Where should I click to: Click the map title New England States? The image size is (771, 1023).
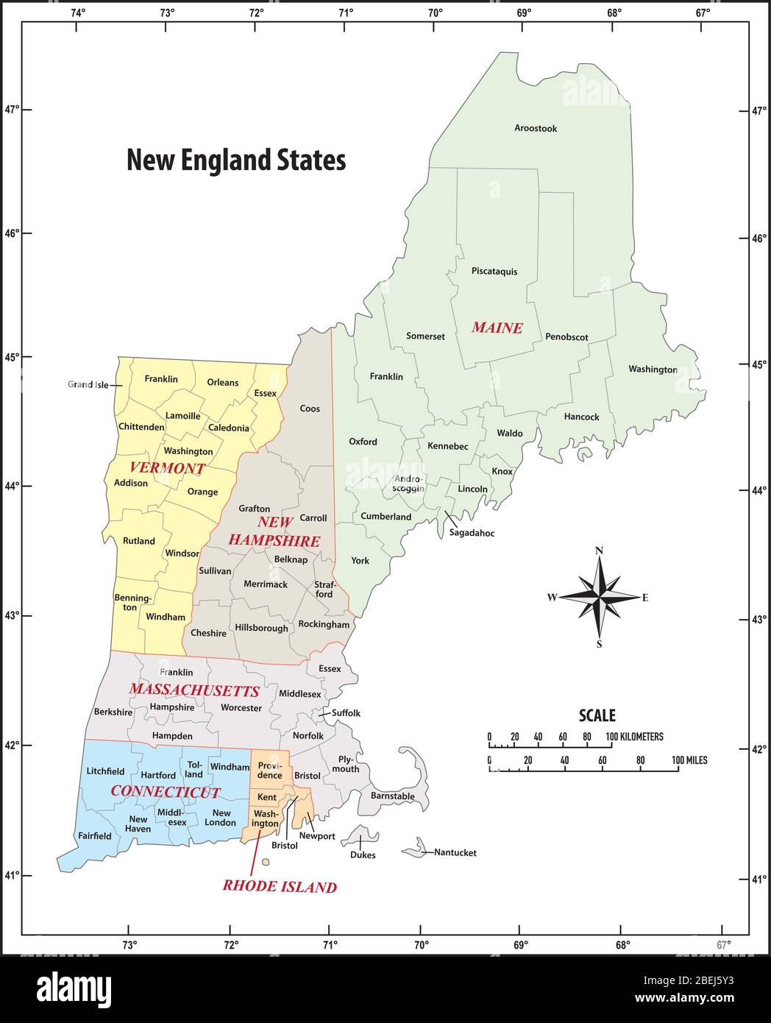pos(236,160)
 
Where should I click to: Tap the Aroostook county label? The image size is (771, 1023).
pos(536,128)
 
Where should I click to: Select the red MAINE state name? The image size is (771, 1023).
pos(497,328)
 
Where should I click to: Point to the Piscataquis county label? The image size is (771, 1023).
pos(494,271)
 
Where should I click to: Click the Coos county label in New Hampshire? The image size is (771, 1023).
pos(310,408)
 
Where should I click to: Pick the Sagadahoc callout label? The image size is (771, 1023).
pos(472,533)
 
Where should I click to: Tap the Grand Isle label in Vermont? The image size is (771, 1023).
pos(88,384)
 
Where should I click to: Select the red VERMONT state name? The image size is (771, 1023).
pos(167,468)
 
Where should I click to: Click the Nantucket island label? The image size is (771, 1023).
pos(455,852)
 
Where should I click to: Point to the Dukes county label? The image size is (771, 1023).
pos(363,854)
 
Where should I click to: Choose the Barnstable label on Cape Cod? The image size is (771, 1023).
pos(392,796)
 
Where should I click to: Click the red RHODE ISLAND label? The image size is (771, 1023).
pos(280,887)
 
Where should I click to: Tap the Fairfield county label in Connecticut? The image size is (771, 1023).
pos(95,835)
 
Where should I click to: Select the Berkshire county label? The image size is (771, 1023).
pos(113,712)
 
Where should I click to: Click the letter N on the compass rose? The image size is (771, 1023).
pos(599,551)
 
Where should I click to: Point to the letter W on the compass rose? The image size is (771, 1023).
pos(552,597)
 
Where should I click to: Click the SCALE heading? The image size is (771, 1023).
pos(597,715)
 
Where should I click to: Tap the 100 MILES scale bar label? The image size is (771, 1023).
pos(689,760)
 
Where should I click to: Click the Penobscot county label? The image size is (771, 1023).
pos(566,337)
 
